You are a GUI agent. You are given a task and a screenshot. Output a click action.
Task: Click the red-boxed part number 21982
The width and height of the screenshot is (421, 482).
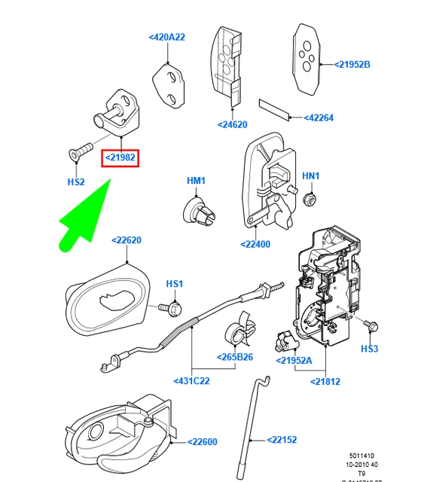tap(121, 157)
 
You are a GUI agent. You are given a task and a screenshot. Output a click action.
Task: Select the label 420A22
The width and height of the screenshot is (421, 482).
tap(166, 36)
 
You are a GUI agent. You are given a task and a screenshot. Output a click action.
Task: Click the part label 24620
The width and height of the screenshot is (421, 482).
tap(233, 124)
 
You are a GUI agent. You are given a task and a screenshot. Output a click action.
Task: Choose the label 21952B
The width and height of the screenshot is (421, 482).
tap(352, 65)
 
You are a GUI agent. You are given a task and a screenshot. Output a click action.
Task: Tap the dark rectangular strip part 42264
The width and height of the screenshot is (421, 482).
tap(275, 110)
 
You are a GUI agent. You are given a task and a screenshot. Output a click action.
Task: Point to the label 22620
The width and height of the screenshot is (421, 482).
tap(127, 241)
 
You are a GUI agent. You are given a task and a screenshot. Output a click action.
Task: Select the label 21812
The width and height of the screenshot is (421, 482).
tap(325, 381)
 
